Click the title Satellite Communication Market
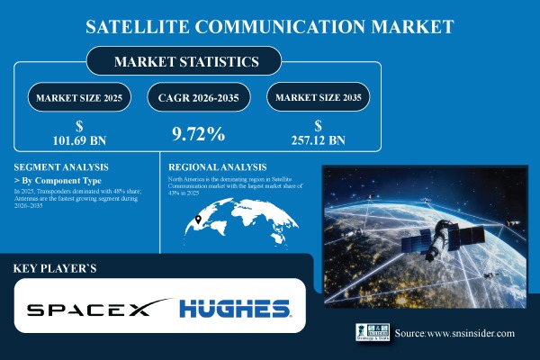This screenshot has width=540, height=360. (x=270, y=25)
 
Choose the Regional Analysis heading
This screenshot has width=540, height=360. (x=217, y=167)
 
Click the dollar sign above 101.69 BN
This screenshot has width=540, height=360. (x=82, y=127)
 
